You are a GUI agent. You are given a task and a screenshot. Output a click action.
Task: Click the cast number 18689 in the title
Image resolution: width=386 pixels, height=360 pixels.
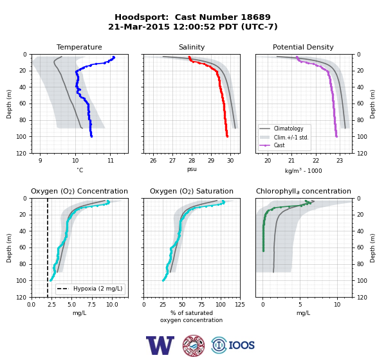pyautogui.click(x=255, y=17)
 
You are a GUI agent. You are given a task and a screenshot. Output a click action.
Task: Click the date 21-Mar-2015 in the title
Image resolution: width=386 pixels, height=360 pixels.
pyautogui.click(x=139, y=26)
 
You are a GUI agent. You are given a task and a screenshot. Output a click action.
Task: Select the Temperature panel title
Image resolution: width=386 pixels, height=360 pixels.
pyautogui.click(x=79, y=47)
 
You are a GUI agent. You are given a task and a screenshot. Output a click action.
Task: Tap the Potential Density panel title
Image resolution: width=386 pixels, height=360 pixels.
pyautogui.click(x=303, y=47)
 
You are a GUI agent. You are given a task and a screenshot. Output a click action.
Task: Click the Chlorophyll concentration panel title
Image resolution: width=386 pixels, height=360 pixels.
pyautogui.click(x=303, y=191)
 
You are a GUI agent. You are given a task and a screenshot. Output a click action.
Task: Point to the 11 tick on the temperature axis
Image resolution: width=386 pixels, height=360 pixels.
pyautogui.click(x=111, y=161)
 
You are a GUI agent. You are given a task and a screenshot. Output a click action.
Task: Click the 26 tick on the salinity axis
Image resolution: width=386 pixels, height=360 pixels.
pyautogui.click(x=153, y=161)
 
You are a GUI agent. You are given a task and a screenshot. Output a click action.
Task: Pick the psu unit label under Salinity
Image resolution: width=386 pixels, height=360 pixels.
pyautogui.click(x=192, y=170)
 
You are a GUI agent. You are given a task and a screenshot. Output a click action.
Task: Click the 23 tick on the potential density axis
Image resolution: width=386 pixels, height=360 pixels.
pyautogui.click(x=340, y=161)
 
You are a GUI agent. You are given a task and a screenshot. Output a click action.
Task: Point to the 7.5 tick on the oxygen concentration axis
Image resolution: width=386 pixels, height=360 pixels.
pyautogui.click(x=92, y=305)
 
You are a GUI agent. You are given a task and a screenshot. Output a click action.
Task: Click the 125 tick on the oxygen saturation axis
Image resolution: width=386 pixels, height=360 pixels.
pyautogui.click(x=240, y=305)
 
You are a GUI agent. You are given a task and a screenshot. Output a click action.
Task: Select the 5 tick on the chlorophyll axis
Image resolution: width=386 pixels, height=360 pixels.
pyautogui.click(x=300, y=305)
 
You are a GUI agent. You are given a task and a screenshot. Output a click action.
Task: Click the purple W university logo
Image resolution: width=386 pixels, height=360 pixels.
pyautogui.click(x=160, y=345)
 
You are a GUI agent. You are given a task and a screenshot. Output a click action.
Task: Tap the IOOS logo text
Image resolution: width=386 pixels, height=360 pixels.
pyautogui.click(x=241, y=345)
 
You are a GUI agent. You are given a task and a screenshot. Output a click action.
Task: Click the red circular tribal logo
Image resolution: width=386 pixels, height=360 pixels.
pyautogui.click(x=194, y=345)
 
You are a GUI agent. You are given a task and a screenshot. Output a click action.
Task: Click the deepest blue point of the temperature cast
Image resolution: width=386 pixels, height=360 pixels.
pyautogui.click(x=91, y=136)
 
